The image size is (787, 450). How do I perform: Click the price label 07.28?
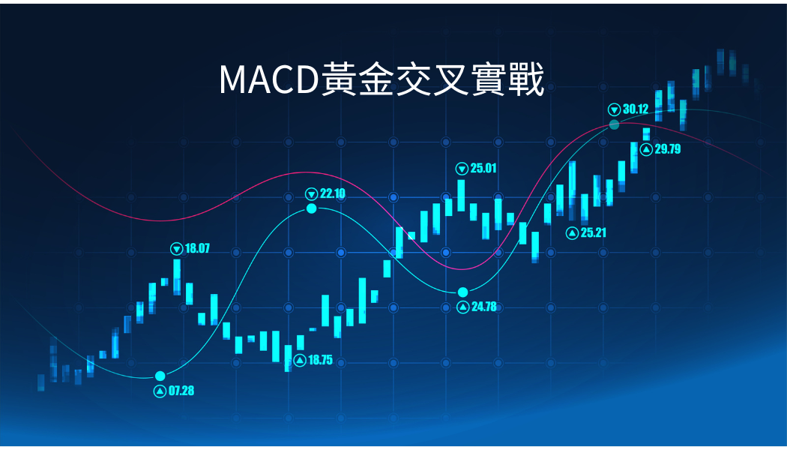(x=181, y=391)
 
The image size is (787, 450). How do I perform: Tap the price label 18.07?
(x=197, y=248)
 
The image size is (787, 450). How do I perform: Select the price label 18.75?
(x=320, y=359)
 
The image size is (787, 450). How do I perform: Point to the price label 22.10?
(x=333, y=193)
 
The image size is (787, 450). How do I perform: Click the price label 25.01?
(x=483, y=168)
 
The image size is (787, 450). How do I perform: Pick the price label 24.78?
(x=484, y=306)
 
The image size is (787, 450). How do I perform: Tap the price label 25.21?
(x=594, y=232)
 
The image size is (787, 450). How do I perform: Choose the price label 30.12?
(x=636, y=109)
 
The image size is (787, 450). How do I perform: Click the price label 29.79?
(x=668, y=148)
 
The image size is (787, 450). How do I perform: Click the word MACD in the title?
(x=269, y=79)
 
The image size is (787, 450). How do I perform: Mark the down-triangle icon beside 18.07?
(x=177, y=248)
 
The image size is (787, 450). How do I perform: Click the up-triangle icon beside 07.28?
(x=160, y=391)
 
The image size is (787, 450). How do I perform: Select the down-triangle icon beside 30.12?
(x=615, y=109)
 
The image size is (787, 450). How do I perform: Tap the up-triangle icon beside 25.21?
(x=572, y=233)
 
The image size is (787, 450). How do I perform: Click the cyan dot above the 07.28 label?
(x=160, y=376)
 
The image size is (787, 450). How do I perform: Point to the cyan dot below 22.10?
(x=312, y=208)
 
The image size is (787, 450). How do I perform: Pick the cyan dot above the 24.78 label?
(x=462, y=292)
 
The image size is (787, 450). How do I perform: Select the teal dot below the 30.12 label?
(x=615, y=124)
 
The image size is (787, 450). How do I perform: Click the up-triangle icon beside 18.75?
(x=300, y=360)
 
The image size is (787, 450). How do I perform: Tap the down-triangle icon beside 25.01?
(x=462, y=168)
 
